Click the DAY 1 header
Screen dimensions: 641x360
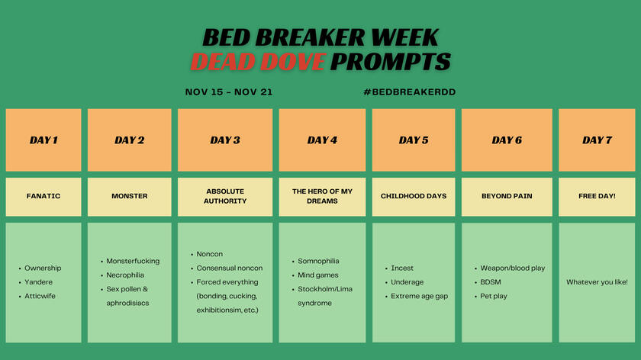43,140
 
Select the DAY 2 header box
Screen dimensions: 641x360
130,140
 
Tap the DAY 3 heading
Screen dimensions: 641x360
225,140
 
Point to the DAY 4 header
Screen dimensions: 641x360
322,140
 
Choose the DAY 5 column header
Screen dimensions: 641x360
414,140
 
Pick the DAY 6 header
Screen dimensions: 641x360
507,140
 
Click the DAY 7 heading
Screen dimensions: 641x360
597,140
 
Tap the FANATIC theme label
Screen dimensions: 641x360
43,197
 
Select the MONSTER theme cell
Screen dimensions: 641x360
130,197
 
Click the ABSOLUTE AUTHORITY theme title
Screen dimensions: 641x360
225,197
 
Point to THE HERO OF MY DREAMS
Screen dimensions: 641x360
322,197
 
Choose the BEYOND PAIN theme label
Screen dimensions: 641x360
507,197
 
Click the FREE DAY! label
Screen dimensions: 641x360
597,197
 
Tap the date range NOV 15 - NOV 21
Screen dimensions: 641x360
228,92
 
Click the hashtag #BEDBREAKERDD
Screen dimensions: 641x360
410,92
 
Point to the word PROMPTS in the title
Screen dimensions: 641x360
391,62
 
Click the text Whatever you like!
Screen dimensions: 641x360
597,282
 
